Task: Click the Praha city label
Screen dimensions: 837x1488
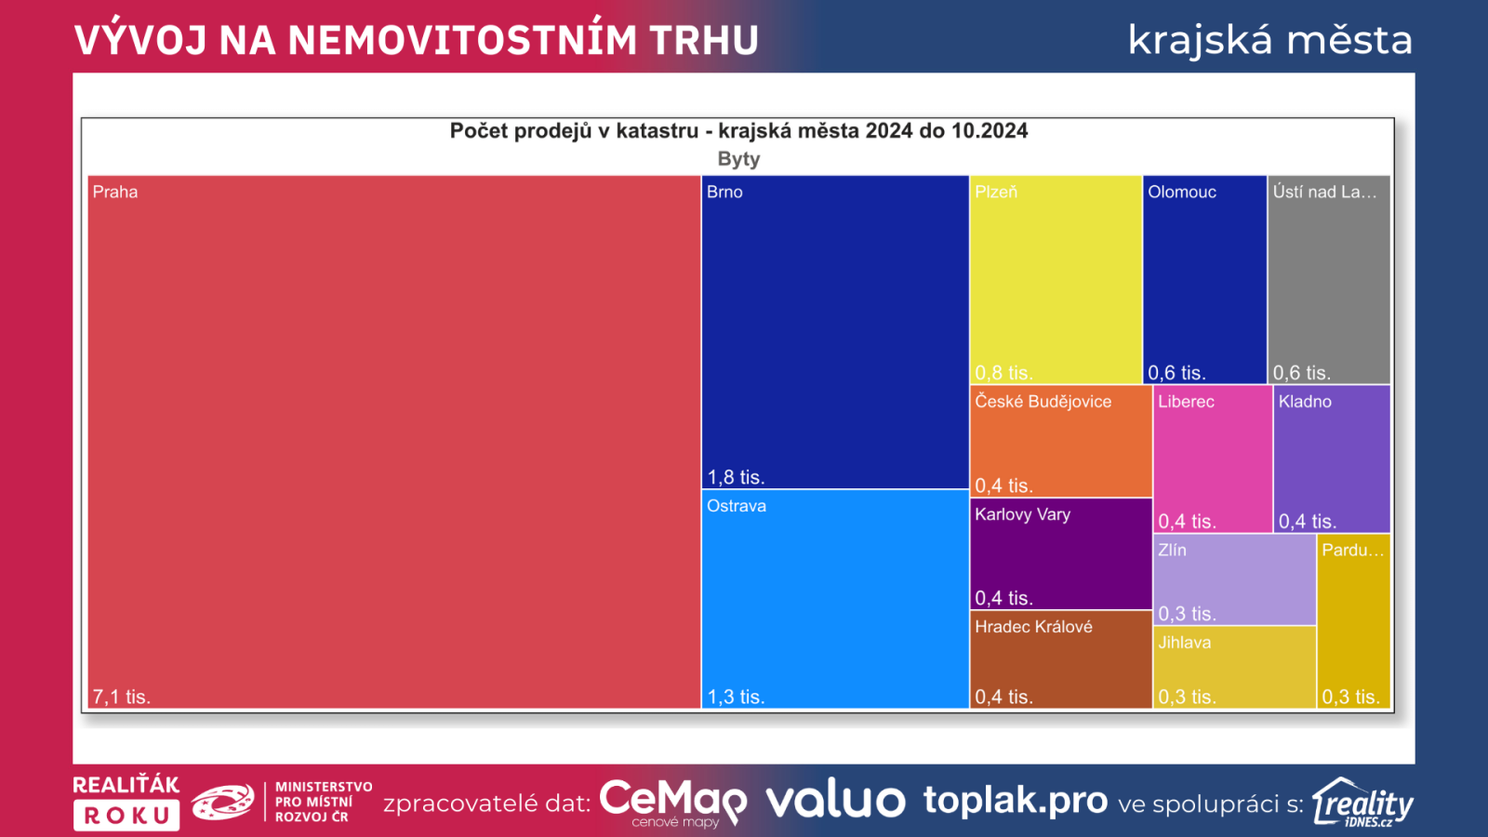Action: [115, 193]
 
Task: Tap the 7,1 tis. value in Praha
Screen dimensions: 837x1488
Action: [121, 697]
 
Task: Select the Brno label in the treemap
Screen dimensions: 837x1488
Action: [724, 193]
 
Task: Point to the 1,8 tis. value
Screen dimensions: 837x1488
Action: [736, 477]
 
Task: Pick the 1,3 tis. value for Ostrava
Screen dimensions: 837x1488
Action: [736, 697]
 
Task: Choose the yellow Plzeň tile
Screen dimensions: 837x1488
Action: [1056, 279]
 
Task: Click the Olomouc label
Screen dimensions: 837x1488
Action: [1182, 193]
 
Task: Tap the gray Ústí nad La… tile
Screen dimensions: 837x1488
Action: [1329, 279]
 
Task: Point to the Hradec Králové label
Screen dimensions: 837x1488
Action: [1033, 627]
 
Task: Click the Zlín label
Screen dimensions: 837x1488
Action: [1172, 551]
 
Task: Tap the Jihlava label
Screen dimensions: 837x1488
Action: [1184, 643]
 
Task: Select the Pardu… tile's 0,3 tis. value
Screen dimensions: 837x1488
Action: [1350, 697]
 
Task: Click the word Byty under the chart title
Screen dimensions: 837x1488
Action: [738, 159]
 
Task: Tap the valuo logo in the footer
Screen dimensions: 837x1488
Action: [835, 801]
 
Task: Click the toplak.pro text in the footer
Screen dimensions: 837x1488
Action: [1015, 801]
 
